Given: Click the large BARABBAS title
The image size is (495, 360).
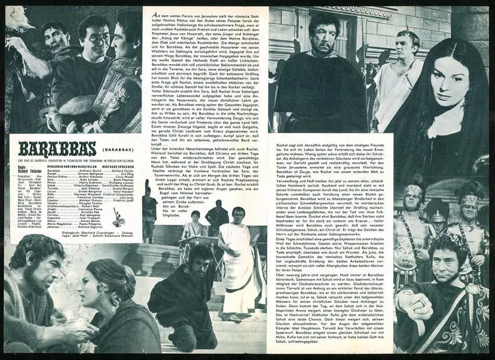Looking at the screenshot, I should [50, 148].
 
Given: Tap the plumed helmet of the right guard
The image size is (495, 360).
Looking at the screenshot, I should [469, 201].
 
